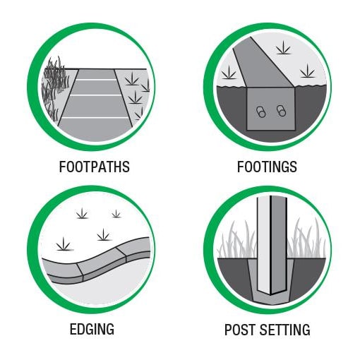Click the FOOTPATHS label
point(94,167)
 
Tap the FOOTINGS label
point(267,167)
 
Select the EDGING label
point(92,329)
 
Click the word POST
point(240,330)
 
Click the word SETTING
point(285,330)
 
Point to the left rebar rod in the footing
point(260,112)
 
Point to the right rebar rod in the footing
point(281,111)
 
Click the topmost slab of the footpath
point(96,74)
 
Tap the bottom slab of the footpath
point(95,129)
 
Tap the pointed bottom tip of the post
point(271,295)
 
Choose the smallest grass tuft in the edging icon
point(116,214)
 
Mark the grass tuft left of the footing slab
point(229,73)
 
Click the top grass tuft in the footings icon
point(283,48)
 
